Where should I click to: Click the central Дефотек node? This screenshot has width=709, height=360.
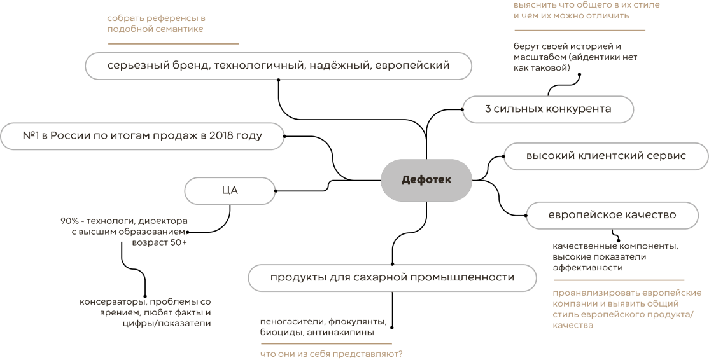(x=426, y=180)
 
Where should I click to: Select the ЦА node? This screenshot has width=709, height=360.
(x=230, y=190)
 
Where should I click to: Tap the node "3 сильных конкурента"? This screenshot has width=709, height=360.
(x=548, y=109)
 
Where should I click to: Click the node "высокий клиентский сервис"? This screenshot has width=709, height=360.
(x=605, y=156)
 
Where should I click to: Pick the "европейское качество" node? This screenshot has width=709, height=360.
(x=612, y=215)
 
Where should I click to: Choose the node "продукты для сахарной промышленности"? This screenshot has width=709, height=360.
(x=392, y=278)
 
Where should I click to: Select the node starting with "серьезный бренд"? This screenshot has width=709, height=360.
(x=278, y=66)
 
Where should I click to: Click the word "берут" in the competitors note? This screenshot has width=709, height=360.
(x=526, y=46)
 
